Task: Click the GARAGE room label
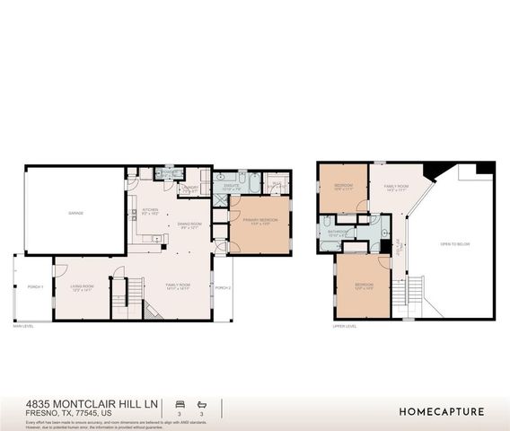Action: point(75,213)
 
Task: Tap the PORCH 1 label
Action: point(36,287)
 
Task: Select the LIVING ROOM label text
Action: point(83,287)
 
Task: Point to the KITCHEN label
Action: point(150,212)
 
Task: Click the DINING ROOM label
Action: point(189,224)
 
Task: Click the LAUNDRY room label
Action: point(189,189)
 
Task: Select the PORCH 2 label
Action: point(223,287)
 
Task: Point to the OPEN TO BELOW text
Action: point(451,244)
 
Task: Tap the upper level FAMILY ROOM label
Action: point(396,188)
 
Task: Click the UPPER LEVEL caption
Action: point(345,327)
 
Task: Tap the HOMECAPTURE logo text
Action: point(442,411)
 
